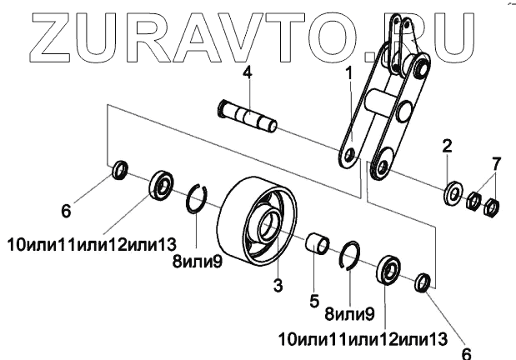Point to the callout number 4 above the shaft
[247, 73]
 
